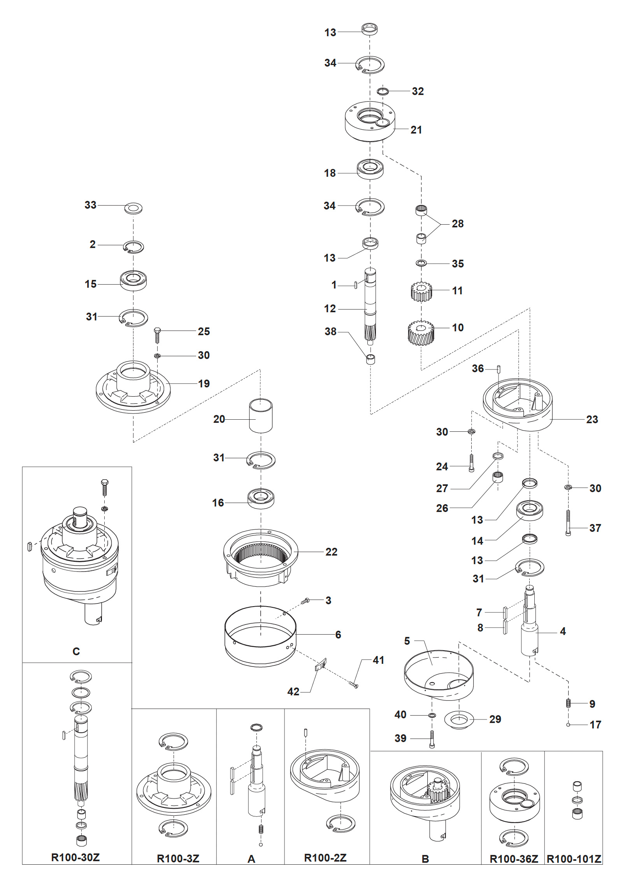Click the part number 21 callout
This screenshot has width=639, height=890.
point(416,130)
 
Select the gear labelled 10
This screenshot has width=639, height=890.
point(421,333)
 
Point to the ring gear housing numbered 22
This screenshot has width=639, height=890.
point(260,557)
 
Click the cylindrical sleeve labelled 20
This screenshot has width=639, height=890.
point(261,416)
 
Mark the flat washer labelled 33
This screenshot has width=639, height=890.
point(133,208)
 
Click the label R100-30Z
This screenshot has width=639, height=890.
point(75,857)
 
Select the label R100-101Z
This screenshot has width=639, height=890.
point(574,858)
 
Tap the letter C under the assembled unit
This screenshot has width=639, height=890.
point(76,651)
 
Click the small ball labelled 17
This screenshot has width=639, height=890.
point(568,725)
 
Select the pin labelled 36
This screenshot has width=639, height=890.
point(499,368)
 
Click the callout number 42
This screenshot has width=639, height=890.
point(293,691)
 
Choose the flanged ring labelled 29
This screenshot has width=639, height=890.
point(458,720)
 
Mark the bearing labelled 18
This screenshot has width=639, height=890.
point(370,169)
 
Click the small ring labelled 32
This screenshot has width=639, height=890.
point(383,91)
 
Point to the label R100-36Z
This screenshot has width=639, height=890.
point(513,858)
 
